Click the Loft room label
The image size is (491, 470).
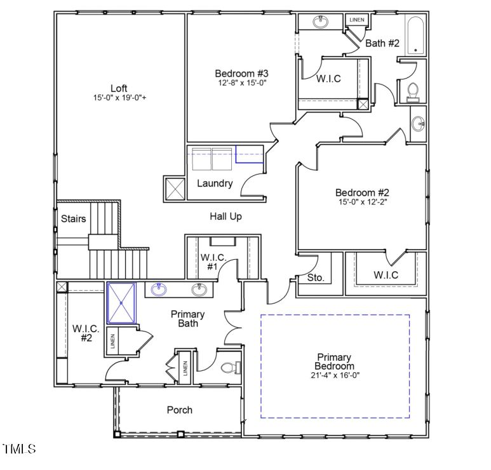coord(119,88)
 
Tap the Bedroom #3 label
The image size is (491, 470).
coord(241,73)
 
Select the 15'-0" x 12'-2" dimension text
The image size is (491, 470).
coord(362,203)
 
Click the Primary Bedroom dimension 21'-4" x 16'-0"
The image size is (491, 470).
coord(335,375)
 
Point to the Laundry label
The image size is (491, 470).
coord(215,184)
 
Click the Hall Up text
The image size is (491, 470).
coord(226,217)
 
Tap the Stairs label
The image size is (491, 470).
coord(74,219)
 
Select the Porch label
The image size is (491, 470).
coord(180,410)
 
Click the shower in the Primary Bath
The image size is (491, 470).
coord(121,303)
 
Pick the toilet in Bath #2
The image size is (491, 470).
coord(413,93)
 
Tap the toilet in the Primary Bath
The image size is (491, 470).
coord(229,368)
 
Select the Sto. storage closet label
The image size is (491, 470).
coord(316,278)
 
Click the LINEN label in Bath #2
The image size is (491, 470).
coord(356,20)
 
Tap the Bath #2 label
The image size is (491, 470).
coord(382,43)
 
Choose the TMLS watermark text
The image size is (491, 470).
coord(19,450)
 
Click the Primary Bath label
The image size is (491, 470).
coord(188,319)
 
